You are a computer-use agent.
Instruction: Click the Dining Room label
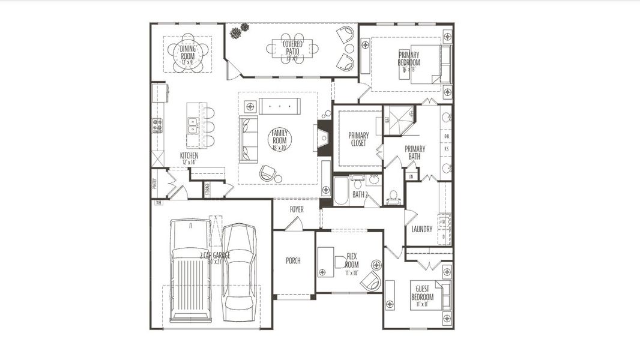click(187, 53)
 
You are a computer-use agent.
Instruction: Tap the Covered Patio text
click(292, 49)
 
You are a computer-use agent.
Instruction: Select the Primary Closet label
click(358, 139)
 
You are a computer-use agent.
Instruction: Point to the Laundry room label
click(421, 229)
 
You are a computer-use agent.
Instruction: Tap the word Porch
click(293, 261)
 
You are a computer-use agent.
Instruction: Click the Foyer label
click(297, 209)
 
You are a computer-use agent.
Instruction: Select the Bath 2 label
click(360, 195)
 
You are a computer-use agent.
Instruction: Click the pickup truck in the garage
click(190, 271)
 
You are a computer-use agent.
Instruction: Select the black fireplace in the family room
click(324, 139)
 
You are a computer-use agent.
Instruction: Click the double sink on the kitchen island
click(193, 125)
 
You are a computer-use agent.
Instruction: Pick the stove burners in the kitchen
click(157, 125)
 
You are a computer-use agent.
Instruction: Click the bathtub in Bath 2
click(340, 191)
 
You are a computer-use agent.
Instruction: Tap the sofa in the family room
click(248, 139)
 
